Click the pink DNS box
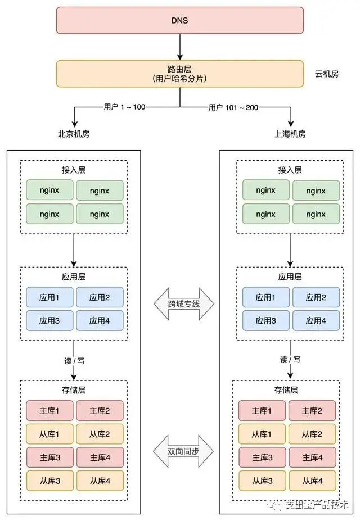[x=180, y=20]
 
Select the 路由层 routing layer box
[x=180, y=74]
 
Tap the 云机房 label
[x=327, y=74]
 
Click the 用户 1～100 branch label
[x=125, y=107]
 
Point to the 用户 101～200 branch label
[x=233, y=107]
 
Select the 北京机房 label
[x=74, y=134]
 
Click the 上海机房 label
[x=290, y=134]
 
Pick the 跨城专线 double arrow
[x=184, y=303]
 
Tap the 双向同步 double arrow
[x=183, y=451]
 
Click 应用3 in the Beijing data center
[x=49, y=321]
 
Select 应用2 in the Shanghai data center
[x=316, y=297]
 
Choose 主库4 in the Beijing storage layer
[x=100, y=457]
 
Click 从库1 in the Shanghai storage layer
[x=262, y=434]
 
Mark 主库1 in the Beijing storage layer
[x=49, y=411]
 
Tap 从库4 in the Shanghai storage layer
[x=312, y=481]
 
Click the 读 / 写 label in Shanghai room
[x=290, y=360]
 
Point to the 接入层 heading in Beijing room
[x=74, y=170]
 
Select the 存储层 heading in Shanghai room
[x=286, y=390]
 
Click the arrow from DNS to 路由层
[x=180, y=47]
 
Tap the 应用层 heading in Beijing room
[x=74, y=277]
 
